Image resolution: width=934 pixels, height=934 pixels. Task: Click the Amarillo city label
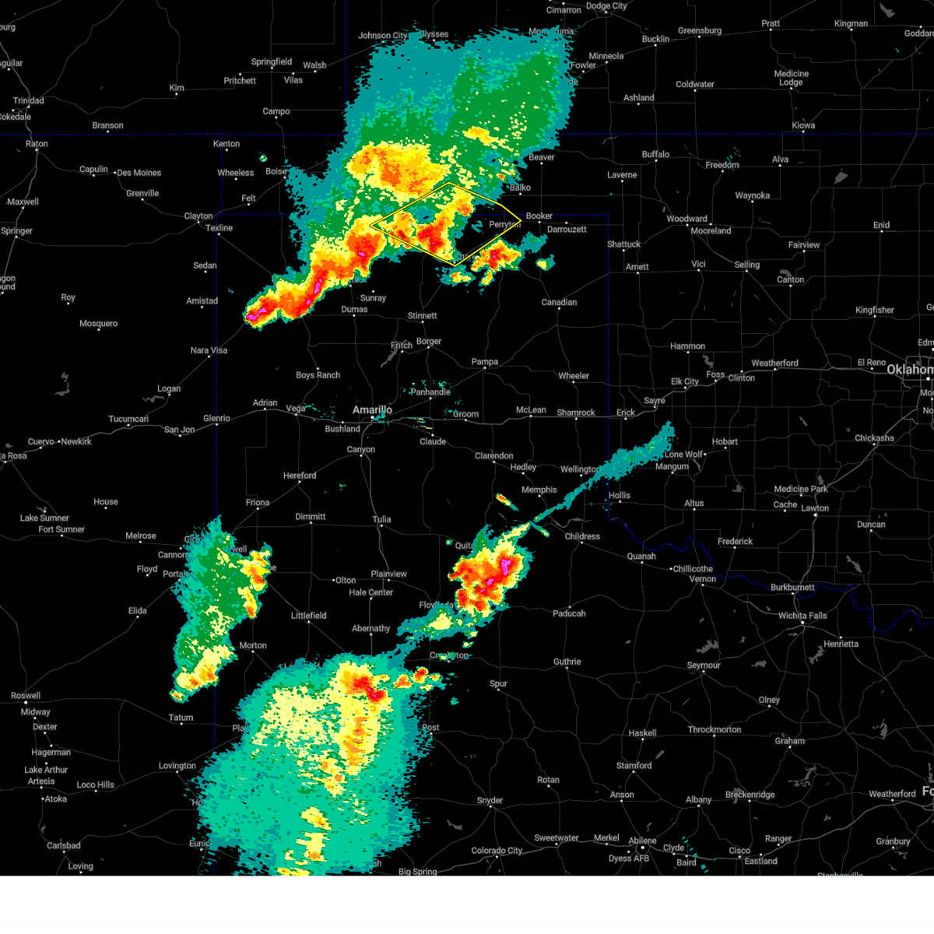coord(372,410)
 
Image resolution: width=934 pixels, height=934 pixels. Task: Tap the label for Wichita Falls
coord(802,616)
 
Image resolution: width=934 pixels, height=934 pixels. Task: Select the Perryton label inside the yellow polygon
coord(504,225)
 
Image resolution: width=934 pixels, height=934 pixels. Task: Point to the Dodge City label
coord(606,6)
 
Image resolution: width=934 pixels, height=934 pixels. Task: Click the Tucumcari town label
coord(128,420)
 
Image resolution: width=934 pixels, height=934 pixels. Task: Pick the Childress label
coord(581,536)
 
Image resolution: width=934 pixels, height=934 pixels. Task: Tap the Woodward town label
coord(686,219)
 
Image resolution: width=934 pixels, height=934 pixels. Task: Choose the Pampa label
coord(484,362)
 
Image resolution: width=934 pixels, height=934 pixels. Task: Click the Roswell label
coord(26,696)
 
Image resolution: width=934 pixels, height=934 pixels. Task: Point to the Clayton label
coord(198,216)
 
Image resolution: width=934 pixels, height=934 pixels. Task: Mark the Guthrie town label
coord(567,662)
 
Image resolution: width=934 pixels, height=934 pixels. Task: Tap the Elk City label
coord(685,381)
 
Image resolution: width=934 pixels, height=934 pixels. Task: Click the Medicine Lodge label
coord(791,78)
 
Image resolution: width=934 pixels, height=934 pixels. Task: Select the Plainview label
coord(388,574)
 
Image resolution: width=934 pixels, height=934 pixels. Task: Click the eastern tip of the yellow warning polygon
coord(520,223)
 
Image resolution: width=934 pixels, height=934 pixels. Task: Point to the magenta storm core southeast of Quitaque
coord(504,564)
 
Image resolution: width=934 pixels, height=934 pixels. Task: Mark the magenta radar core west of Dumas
coord(254,314)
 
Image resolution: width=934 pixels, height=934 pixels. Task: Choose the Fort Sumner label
coord(61,529)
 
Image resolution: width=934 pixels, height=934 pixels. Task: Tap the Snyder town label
coord(490,800)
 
